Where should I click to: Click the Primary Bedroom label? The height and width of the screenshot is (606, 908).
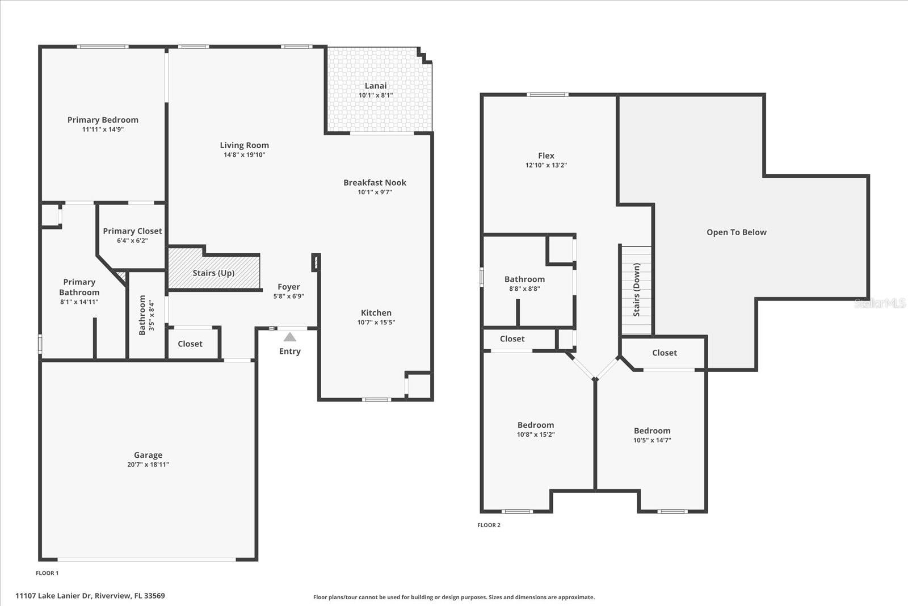point(103,120)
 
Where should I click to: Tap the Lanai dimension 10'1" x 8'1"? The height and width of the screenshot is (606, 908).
point(375,95)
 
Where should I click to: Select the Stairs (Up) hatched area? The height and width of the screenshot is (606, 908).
point(214,273)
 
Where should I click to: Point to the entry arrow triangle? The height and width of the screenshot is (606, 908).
point(290,337)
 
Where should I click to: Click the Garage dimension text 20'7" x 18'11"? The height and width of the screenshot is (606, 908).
point(148,465)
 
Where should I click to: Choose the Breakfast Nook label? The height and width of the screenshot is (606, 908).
point(375,182)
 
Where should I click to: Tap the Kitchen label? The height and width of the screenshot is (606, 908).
point(376,312)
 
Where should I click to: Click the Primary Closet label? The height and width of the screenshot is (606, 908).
point(132,231)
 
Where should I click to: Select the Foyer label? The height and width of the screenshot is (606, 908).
point(288,287)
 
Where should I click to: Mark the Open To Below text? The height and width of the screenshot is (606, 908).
point(736,232)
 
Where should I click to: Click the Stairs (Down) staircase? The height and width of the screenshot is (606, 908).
point(636,290)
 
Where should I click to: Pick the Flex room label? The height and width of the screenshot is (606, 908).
point(546,156)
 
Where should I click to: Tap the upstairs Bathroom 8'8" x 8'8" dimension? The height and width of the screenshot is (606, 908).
point(524,289)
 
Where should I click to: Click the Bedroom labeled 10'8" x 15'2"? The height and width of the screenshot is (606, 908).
point(535,425)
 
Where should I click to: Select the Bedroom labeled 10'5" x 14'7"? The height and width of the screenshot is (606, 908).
point(652,431)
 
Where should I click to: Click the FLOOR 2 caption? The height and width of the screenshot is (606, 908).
point(489,525)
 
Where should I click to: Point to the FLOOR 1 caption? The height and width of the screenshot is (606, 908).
point(47,573)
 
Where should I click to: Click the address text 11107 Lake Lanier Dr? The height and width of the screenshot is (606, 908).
point(90,596)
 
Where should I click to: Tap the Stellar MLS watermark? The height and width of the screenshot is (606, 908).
point(880,303)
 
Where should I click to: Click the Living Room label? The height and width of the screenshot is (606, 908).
point(244,145)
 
